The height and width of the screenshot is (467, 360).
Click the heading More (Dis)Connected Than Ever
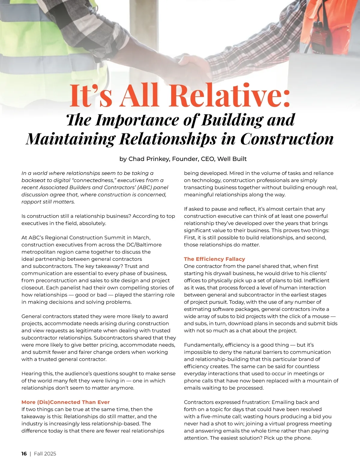click(x=65, y=402)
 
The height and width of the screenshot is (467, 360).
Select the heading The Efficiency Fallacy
click(x=214, y=259)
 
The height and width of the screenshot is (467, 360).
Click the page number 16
click(x=24, y=454)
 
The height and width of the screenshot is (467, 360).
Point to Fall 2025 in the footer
click(x=45, y=454)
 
